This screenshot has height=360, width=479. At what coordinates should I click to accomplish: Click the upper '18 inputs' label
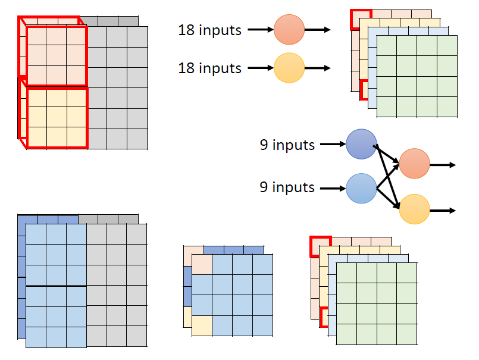click(x=209, y=30)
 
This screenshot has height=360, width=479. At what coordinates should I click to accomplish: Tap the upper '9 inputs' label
click(x=287, y=144)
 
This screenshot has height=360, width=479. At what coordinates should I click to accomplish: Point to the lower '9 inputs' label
click(x=287, y=187)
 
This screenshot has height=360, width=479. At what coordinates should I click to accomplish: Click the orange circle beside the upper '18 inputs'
click(x=289, y=29)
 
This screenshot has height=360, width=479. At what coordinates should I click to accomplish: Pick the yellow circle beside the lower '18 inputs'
click(x=289, y=68)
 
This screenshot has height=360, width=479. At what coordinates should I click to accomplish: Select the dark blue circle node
click(x=361, y=144)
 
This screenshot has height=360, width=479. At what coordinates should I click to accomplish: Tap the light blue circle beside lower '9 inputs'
click(x=361, y=188)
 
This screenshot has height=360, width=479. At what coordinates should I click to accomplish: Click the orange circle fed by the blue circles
click(x=414, y=164)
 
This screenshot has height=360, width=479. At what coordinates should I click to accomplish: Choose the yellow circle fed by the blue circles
click(x=414, y=209)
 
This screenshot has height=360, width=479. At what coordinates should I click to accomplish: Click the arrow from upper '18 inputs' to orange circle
click(x=259, y=29)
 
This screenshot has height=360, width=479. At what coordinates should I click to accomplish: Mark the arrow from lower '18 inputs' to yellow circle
click(x=259, y=68)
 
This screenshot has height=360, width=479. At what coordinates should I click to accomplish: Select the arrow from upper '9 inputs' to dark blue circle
click(x=333, y=144)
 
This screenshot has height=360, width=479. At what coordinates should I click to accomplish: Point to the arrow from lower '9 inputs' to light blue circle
click(x=333, y=188)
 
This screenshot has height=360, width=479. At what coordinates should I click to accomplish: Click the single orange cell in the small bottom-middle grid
click(x=202, y=265)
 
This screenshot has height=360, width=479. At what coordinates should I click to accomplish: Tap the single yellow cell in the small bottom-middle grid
click(x=202, y=325)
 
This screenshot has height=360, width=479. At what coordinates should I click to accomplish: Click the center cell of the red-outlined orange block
click(x=57, y=55)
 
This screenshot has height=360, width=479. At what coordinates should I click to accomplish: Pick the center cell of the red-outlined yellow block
click(x=57, y=117)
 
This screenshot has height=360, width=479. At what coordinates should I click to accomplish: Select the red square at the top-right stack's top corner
click(x=361, y=19)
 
